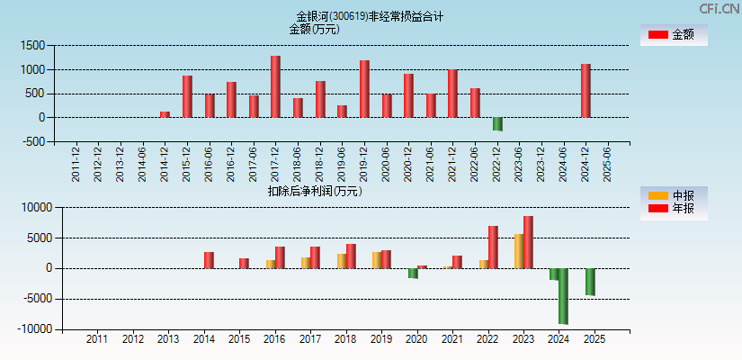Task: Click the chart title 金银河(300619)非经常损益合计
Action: [370, 16]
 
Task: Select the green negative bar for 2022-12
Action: [497, 124]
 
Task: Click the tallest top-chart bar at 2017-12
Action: [275, 86]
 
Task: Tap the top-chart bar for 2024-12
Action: [586, 91]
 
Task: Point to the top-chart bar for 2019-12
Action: [364, 89]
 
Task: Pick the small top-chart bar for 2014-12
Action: [165, 114]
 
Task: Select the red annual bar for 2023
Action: [528, 242]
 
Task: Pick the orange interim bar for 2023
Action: [519, 251]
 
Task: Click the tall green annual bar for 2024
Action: [563, 296]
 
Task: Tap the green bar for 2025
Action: [590, 282]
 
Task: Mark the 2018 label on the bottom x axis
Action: [345, 340]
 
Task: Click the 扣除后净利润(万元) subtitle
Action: [314, 191]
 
